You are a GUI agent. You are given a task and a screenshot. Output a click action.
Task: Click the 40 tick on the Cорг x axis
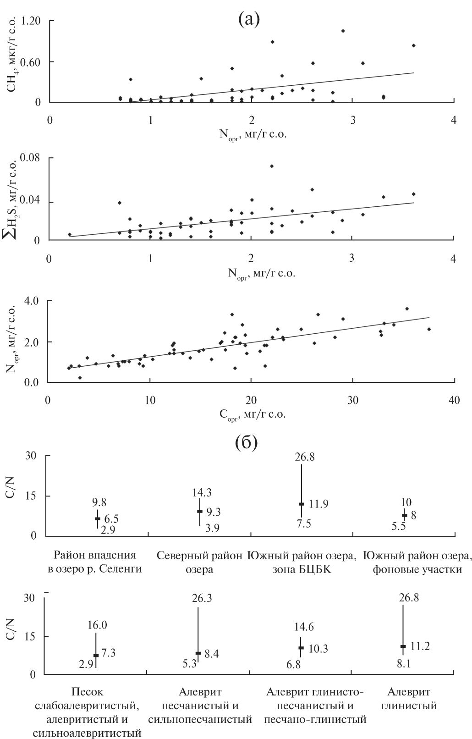click(453, 400)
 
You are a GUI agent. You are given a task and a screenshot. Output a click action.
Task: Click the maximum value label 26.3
click(203, 599)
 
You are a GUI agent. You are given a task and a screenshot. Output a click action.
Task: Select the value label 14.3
click(202, 493)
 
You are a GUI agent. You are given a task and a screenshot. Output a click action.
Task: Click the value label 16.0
click(97, 626)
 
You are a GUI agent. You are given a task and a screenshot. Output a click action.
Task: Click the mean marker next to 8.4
click(198, 653)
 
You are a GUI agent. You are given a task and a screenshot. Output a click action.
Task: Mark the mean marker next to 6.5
click(98, 518)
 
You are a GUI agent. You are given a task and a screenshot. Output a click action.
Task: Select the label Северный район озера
click(199, 563)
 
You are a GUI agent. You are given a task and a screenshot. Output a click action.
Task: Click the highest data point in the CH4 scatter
click(343, 31)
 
